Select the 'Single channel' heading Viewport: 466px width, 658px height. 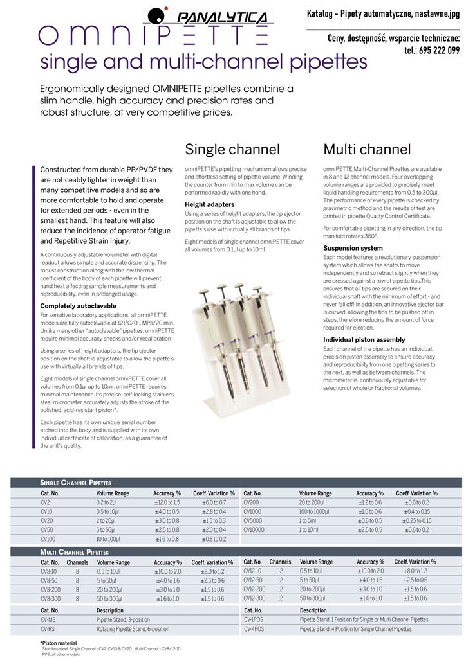coord(232,150)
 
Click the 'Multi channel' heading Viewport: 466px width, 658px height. coord(367,150)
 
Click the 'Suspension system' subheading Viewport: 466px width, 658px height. coord(353,248)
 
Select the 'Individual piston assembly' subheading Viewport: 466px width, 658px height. coord(364,339)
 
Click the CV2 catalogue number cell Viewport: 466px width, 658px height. coord(46,502)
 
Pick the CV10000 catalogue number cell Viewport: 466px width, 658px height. coord(256,529)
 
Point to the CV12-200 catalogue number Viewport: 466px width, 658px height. coord(254,589)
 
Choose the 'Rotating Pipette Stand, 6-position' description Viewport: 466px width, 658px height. coord(133,629)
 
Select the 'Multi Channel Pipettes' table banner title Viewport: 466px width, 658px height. coord(75,552)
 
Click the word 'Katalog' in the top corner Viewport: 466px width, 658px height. coord(323,13)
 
